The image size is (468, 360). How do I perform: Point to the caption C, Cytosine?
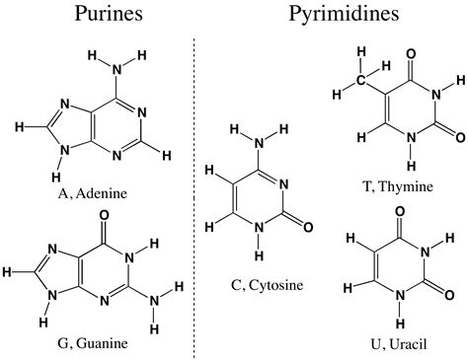pos(267,286)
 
